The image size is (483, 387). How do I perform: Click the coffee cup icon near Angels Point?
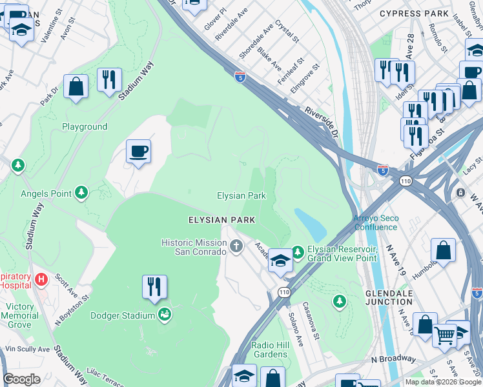[138, 152]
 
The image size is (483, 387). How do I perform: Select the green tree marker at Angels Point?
[81, 192]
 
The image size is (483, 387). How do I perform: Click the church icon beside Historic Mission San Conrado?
[237, 246]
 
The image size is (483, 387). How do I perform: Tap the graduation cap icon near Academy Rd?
[280, 261]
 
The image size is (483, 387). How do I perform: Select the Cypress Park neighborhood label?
[414, 14]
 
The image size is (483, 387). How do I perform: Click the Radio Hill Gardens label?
[270, 350]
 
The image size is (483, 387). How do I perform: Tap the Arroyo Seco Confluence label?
[375, 223]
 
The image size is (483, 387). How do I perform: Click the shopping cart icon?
[444, 335]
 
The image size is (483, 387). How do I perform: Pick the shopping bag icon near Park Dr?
[76, 86]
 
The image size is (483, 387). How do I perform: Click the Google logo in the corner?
[22, 379]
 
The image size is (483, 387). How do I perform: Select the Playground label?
[85, 126]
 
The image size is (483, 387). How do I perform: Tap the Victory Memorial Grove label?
[19, 315]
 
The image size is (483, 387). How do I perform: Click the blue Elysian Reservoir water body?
[310, 223]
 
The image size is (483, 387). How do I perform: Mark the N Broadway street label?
[393, 359]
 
